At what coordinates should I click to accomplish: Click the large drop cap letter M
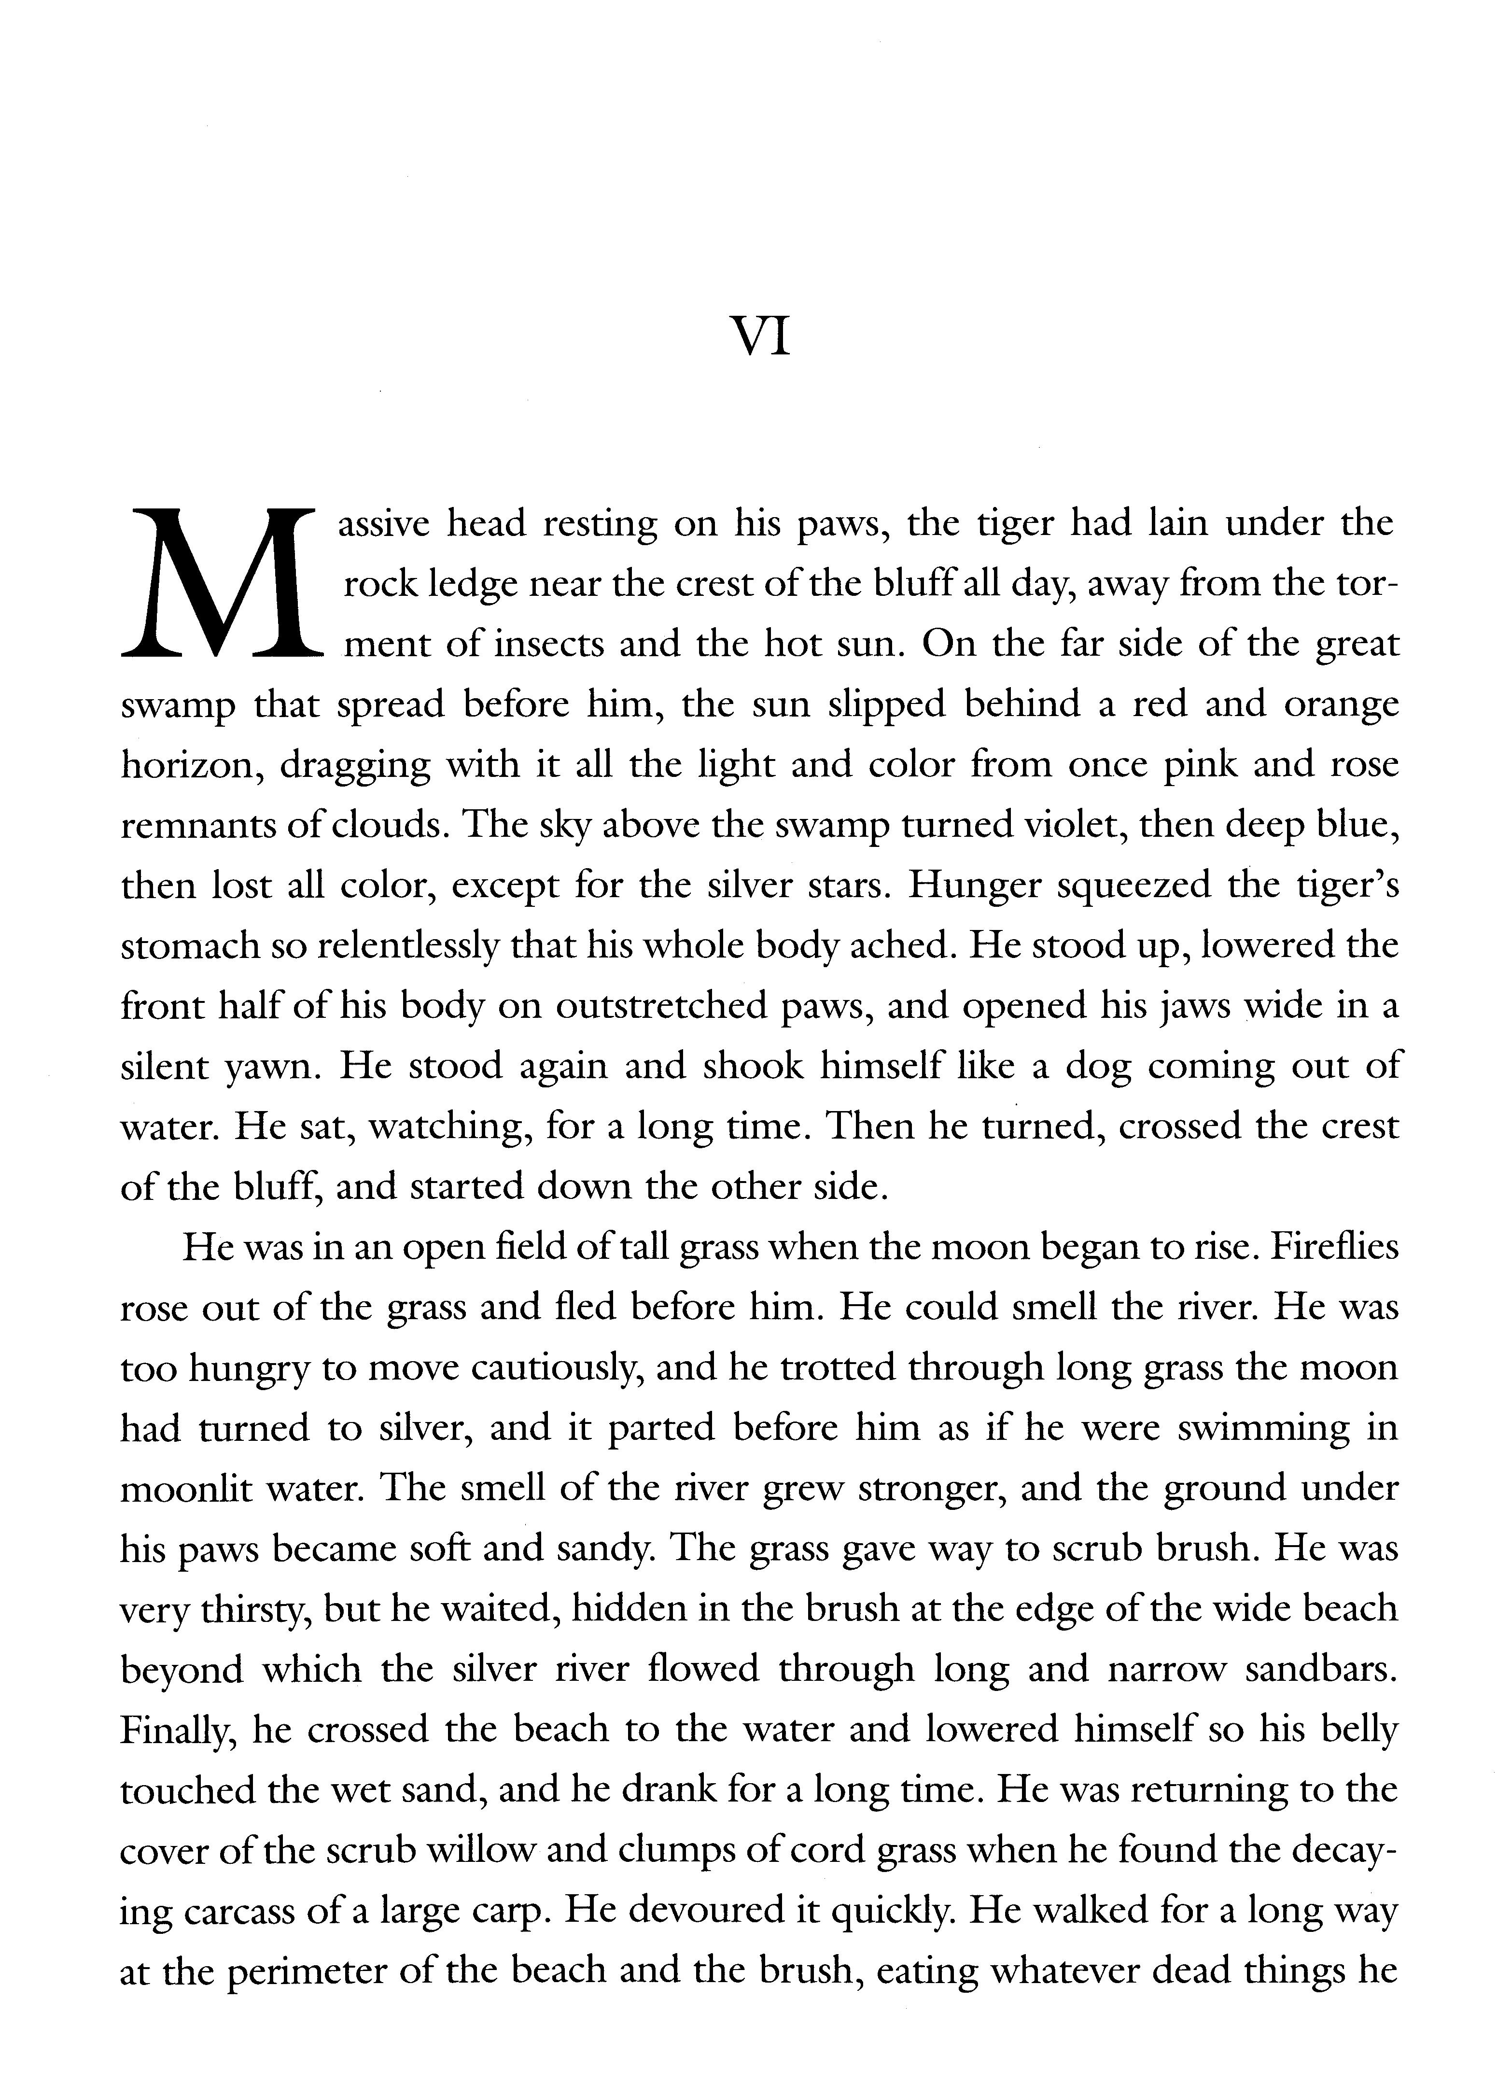(221, 583)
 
